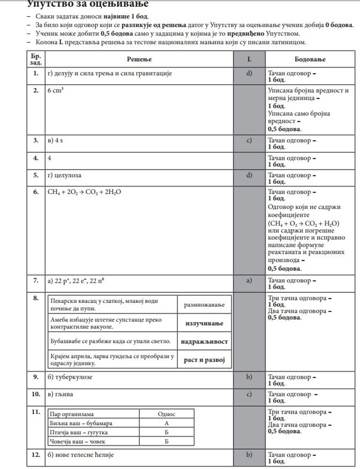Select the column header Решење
(139, 59)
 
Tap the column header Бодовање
(310, 59)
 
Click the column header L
(249, 59)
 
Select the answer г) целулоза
(64, 175)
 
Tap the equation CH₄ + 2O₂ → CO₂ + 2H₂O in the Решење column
(84, 192)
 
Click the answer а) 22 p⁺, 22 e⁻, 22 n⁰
(73, 280)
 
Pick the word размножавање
(204, 305)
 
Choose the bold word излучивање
(204, 323)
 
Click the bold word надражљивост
(204, 341)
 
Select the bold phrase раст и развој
(204, 360)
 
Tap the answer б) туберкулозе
(70, 376)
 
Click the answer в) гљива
(60, 394)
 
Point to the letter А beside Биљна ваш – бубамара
(166, 423)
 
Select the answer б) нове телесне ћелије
(80, 455)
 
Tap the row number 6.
(36, 192)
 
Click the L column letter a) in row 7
(249, 280)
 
